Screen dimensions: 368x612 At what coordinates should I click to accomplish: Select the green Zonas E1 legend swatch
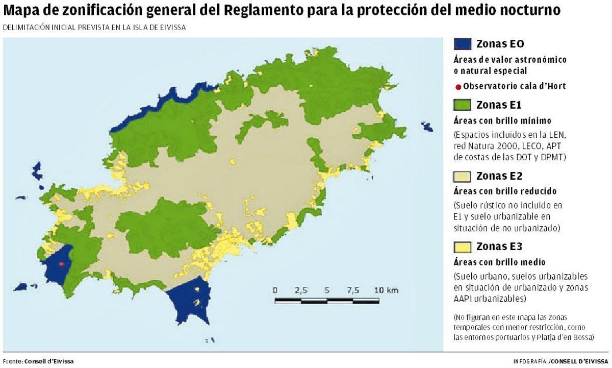pos(462,105)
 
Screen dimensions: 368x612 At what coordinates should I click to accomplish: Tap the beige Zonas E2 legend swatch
pos(462,177)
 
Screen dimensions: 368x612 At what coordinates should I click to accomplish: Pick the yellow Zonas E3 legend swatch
pos(462,248)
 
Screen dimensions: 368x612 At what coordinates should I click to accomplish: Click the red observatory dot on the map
pos(61,264)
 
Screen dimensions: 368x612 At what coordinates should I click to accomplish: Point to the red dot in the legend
pos(458,87)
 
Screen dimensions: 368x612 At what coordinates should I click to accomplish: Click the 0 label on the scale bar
pos(275,290)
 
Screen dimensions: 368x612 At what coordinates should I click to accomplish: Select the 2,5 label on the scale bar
pos(301,290)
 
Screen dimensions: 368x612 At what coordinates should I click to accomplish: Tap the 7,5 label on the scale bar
pos(353,290)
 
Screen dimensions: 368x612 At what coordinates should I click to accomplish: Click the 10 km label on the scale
pos(386,290)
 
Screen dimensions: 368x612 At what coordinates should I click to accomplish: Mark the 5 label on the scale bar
pos(327,290)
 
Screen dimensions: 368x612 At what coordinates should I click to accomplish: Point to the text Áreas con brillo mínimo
pos(502,121)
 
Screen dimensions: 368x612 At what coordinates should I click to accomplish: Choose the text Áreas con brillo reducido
pos(504,191)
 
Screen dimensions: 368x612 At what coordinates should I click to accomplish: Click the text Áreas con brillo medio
pos(499,262)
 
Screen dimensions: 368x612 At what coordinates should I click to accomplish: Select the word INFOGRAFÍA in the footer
pos(530,361)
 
